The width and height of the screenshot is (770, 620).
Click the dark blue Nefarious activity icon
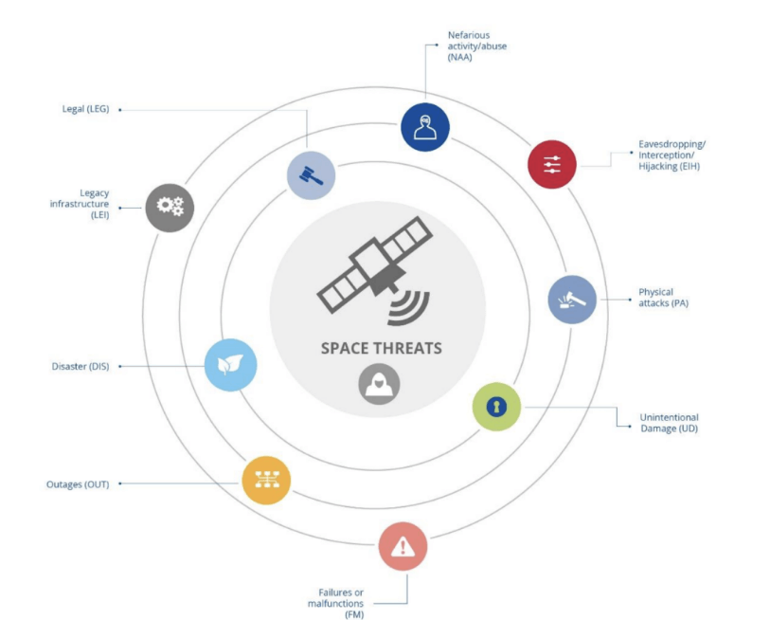click(424, 127)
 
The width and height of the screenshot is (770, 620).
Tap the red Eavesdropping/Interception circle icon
click(552, 164)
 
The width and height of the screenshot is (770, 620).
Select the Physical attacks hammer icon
click(572, 300)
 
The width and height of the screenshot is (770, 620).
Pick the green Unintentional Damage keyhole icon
click(496, 407)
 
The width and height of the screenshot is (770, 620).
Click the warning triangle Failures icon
click(403, 546)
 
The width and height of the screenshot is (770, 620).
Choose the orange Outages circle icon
click(266, 480)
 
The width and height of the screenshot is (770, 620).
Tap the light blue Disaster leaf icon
click(230, 365)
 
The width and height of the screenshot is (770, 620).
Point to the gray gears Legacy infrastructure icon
click(170, 207)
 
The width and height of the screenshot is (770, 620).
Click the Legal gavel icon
click(311, 175)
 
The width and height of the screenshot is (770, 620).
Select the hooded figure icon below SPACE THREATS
click(379, 384)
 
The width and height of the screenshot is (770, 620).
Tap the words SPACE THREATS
click(381, 348)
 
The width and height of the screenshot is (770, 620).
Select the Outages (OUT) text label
click(78, 484)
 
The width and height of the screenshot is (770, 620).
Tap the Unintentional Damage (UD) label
click(669, 423)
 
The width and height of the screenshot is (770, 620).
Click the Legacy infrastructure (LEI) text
click(80, 204)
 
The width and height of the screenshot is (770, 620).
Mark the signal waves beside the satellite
click(408, 303)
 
